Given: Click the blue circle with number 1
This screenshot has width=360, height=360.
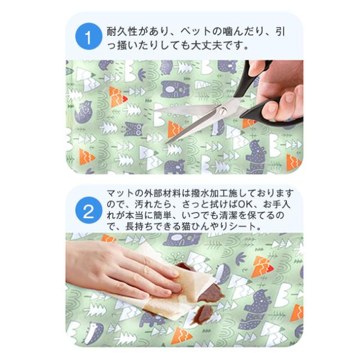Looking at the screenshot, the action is click(89, 37).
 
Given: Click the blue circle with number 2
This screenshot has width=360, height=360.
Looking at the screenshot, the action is click(89, 210).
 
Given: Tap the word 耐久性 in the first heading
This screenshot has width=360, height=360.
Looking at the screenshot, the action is click(123, 31).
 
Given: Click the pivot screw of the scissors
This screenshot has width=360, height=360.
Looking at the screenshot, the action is click(223, 111).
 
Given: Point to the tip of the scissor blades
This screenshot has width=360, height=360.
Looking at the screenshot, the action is click(168, 143).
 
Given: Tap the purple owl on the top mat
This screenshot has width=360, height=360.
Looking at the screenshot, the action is click(133, 129).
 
